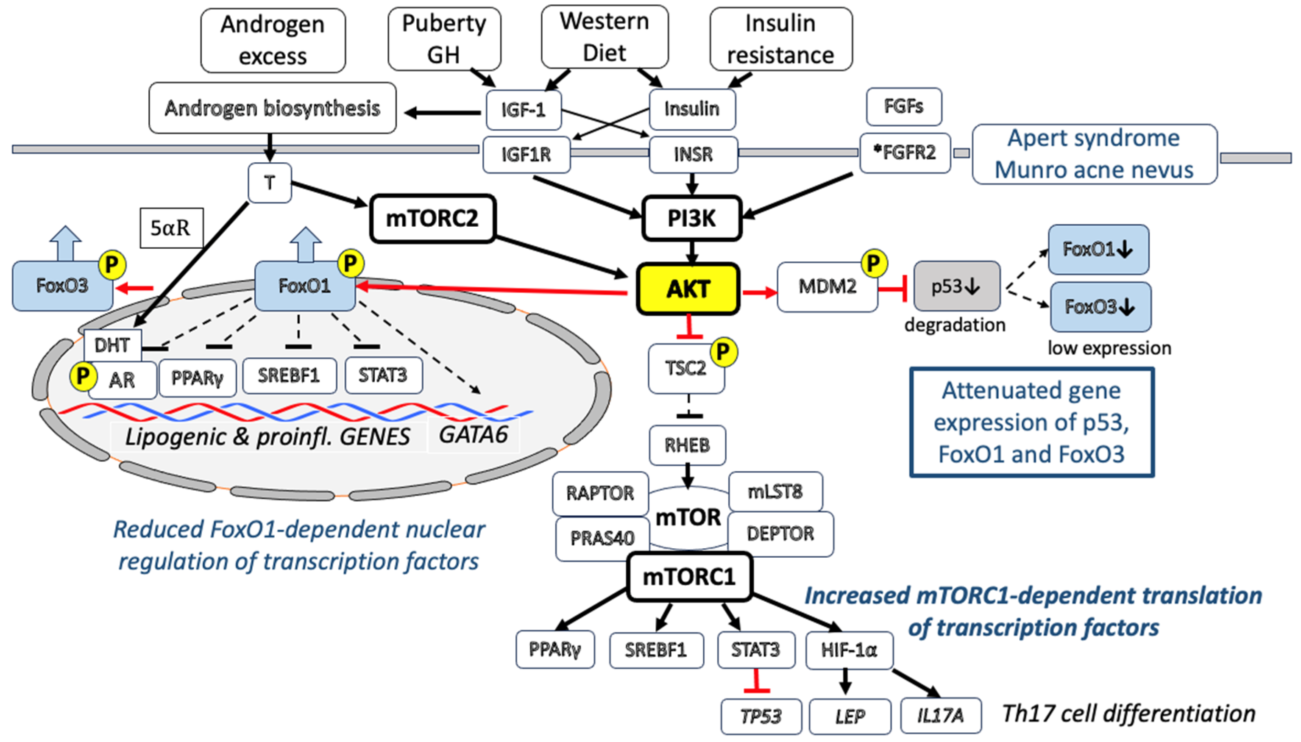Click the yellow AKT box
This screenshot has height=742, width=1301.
coord(688,289)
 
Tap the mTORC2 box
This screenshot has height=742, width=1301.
coord(432,218)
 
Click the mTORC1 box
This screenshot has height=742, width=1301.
coord(689,576)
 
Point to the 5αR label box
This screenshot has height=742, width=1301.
coord(171,228)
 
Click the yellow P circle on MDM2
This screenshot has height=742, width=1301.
coord(873,264)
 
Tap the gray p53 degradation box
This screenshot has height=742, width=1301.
coord(956,286)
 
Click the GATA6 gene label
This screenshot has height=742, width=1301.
coord(473,435)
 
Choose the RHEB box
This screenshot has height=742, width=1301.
coord(687,445)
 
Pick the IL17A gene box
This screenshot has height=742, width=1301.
coord(940,715)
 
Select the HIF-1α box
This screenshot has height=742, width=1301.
coord(849,650)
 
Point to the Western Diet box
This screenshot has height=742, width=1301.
coord(604,37)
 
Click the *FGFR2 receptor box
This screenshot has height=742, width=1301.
coord(905,153)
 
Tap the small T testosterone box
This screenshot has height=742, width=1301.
coord(269,183)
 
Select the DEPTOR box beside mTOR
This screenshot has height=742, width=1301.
coord(780,534)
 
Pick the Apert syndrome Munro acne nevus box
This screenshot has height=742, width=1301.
coord(1094,154)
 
